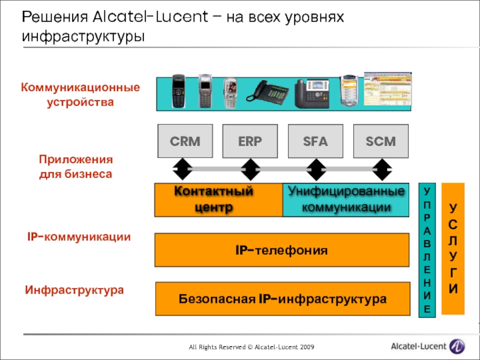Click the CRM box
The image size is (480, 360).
click(184, 142)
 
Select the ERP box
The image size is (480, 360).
click(250, 142)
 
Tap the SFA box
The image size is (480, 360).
click(316, 142)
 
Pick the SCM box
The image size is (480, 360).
click(381, 142)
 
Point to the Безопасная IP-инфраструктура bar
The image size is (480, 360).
click(281, 299)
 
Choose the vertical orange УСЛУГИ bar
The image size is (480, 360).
click(453, 248)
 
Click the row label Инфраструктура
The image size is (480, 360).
click(74, 290)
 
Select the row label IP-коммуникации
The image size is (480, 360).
click(79, 237)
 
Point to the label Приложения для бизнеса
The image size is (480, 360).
click(76, 167)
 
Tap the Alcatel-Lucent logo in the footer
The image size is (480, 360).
click(427, 346)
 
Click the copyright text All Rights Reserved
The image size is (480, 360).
click(250, 347)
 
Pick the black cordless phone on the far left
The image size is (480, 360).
click(178, 91)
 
